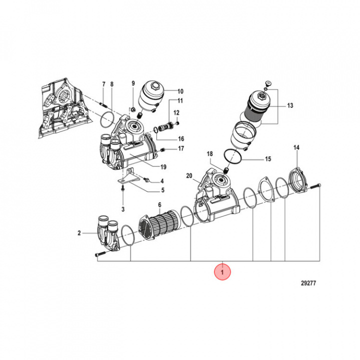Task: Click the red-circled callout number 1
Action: (222, 272)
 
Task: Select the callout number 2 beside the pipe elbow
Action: (79, 233)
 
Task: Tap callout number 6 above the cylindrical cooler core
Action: (159, 205)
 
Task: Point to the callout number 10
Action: (180, 91)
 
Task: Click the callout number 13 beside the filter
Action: (290, 105)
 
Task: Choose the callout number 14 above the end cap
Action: (296, 148)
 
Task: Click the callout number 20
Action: (189, 175)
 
